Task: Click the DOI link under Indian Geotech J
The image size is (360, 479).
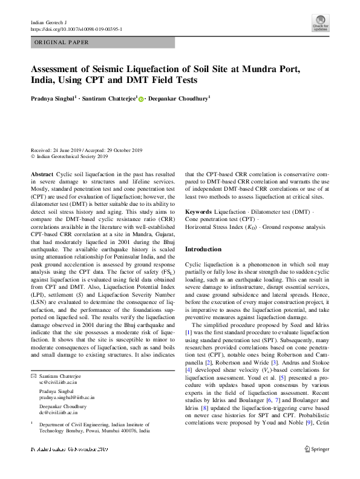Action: (x=76, y=28)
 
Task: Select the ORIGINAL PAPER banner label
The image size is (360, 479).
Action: (x=62, y=42)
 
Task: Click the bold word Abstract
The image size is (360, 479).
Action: (x=42, y=174)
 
